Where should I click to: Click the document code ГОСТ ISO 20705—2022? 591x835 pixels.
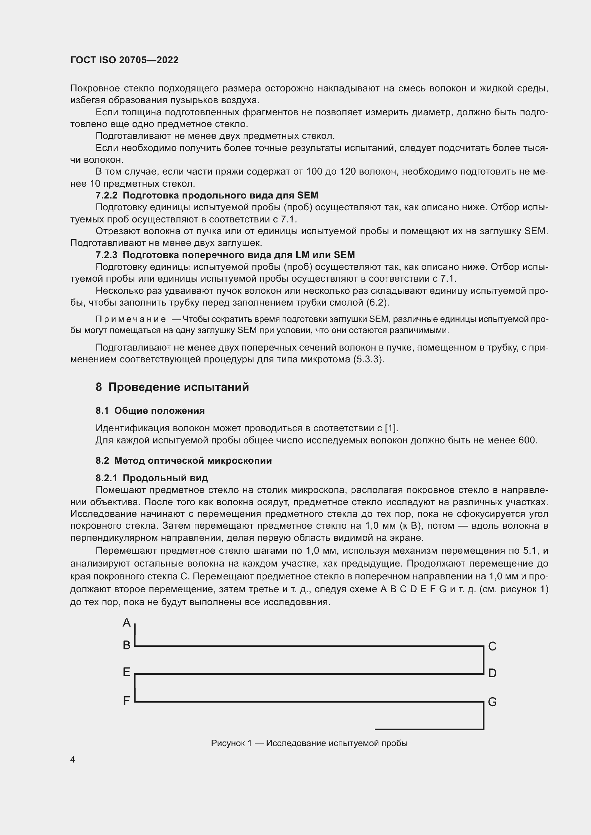(x=124, y=60)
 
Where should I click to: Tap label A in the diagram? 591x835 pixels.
(x=126, y=623)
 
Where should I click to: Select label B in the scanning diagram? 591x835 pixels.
(x=126, y=645)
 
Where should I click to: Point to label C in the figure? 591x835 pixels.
(x=492, y=646)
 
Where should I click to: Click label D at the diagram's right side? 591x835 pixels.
(x=492, y=673)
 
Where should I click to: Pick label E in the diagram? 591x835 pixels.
(x=126, y=672)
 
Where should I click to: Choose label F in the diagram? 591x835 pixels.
(x=126, y=700)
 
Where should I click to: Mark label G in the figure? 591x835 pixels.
(x=492, y=702)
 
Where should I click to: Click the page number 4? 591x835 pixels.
(x=73, y=760)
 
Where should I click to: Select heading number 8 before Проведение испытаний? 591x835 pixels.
(x=99, y=387)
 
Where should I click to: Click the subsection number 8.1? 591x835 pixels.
(x=102, y=411)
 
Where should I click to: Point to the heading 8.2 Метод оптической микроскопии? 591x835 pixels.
(x=183, y=461)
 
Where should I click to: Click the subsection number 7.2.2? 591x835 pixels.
(x=106, y=196)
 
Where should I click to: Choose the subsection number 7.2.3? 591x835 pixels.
(x=106, y=255)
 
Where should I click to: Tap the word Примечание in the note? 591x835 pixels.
(x=130, y=319)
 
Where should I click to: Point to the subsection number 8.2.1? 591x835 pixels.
(x=106, y=478)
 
